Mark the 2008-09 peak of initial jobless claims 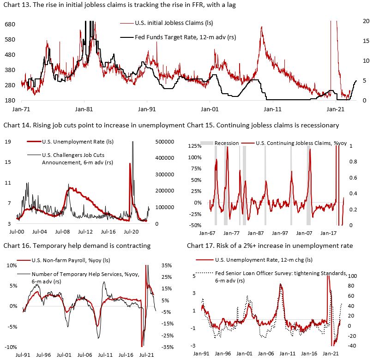pos(262,28)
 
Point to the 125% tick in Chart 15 pos(195,146)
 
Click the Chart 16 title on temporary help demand pos(77,246)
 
